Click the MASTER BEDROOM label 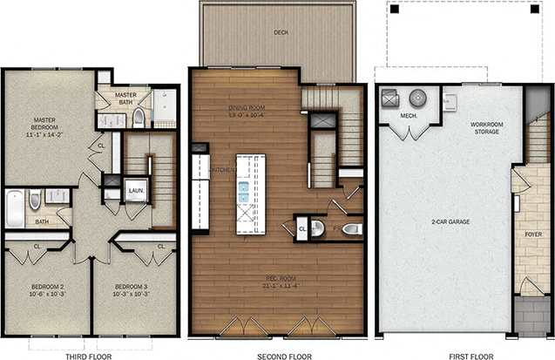click(x=44, y=126)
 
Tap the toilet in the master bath click(x=139, y=119)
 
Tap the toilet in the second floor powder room click(x=350, y=229)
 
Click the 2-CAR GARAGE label click(x=450, y=222)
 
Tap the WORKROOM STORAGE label click(x=486, y=128)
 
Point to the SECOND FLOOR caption click(x=276, y=355)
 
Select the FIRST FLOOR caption click(x=464, y=355)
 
